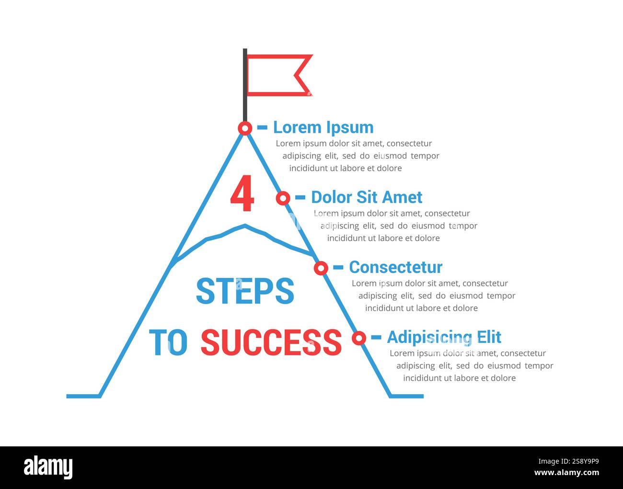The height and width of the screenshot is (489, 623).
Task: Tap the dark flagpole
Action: (x=245, y=84)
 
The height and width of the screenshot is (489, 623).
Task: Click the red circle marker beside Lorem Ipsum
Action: (x=245, y=128)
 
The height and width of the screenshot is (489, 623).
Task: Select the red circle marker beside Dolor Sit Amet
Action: (x=283, y=198)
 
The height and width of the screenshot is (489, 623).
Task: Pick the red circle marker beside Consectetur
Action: (x=321, y=268)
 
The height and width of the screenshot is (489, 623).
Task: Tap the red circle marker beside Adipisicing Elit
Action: (x=359, y=338)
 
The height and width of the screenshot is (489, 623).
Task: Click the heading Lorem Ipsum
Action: (x=323, y=127)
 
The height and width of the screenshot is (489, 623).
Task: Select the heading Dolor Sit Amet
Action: (x=367, y=197)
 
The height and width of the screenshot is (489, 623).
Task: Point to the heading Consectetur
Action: (x=395, y=267)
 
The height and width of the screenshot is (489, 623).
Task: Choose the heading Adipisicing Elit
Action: (x=444, y=337)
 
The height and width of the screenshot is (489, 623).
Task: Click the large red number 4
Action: (x=242, y=194)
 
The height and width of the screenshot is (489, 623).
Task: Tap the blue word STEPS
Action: (x=245, y=291)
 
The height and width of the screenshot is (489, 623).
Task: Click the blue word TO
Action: (x=168, y=342)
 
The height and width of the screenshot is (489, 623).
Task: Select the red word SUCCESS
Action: (x=271, y=342)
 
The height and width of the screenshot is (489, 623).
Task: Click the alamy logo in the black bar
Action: (x=48, y=467)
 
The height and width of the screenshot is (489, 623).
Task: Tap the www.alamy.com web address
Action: (x=566, y=473)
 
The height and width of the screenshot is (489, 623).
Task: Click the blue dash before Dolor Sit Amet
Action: (x=300, y=197)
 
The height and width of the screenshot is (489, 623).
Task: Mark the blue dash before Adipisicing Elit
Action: (x=376, y=337)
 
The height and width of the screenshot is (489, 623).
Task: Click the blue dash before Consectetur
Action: (x=338, y=267)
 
